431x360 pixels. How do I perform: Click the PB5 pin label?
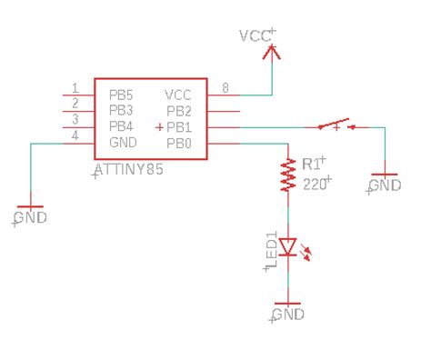(122, 94)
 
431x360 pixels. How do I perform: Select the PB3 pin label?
(122, 110)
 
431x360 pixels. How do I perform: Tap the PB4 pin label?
(122, 126)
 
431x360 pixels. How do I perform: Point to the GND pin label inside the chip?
(123, 143)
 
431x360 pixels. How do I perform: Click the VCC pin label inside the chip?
(178, 94)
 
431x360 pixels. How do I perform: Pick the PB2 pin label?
(179, 110)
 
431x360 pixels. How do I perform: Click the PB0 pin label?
(179, 143)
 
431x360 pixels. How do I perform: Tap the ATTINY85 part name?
(130, 170)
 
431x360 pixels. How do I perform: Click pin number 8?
(225, 88)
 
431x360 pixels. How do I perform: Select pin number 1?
(75, 88)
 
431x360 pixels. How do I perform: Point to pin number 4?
(75, 137)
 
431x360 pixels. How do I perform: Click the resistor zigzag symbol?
(288, 175)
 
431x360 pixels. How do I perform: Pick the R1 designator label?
(312, 164)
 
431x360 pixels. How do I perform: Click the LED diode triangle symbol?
(288, 245)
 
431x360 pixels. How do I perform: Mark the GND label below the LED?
(288, 315)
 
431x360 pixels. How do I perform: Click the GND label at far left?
(31, 218)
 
